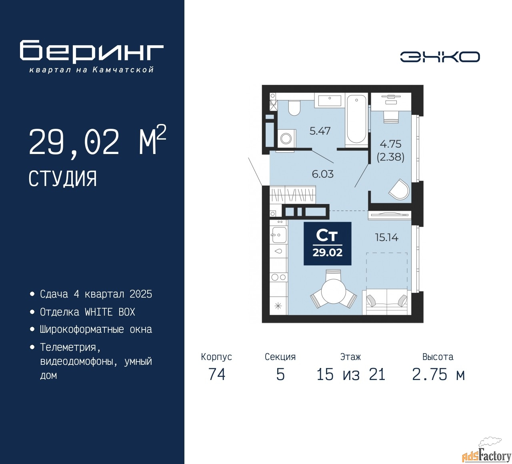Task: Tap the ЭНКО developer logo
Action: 440,57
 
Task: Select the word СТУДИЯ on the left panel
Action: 63,179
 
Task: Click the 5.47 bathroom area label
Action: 320,131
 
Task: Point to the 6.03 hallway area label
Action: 323,174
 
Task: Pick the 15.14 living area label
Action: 386,238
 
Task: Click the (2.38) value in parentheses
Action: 390,157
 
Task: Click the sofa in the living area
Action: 387,302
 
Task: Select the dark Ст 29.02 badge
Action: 328,244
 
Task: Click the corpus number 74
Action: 217,374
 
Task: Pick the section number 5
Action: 280,374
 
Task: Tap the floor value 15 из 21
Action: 351,374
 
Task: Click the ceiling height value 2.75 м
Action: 438,374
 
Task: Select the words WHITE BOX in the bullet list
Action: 110,312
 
